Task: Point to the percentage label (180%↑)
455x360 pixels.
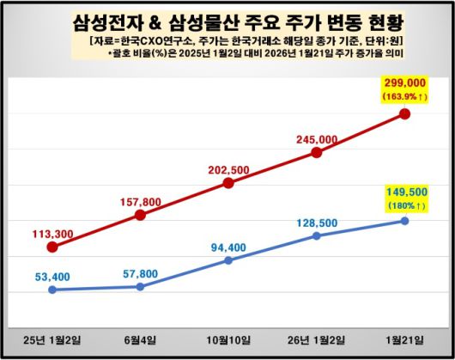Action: coord(403,206)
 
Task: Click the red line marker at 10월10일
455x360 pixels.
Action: coord(228,183)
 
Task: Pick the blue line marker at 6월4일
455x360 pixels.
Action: coord(140,286)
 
